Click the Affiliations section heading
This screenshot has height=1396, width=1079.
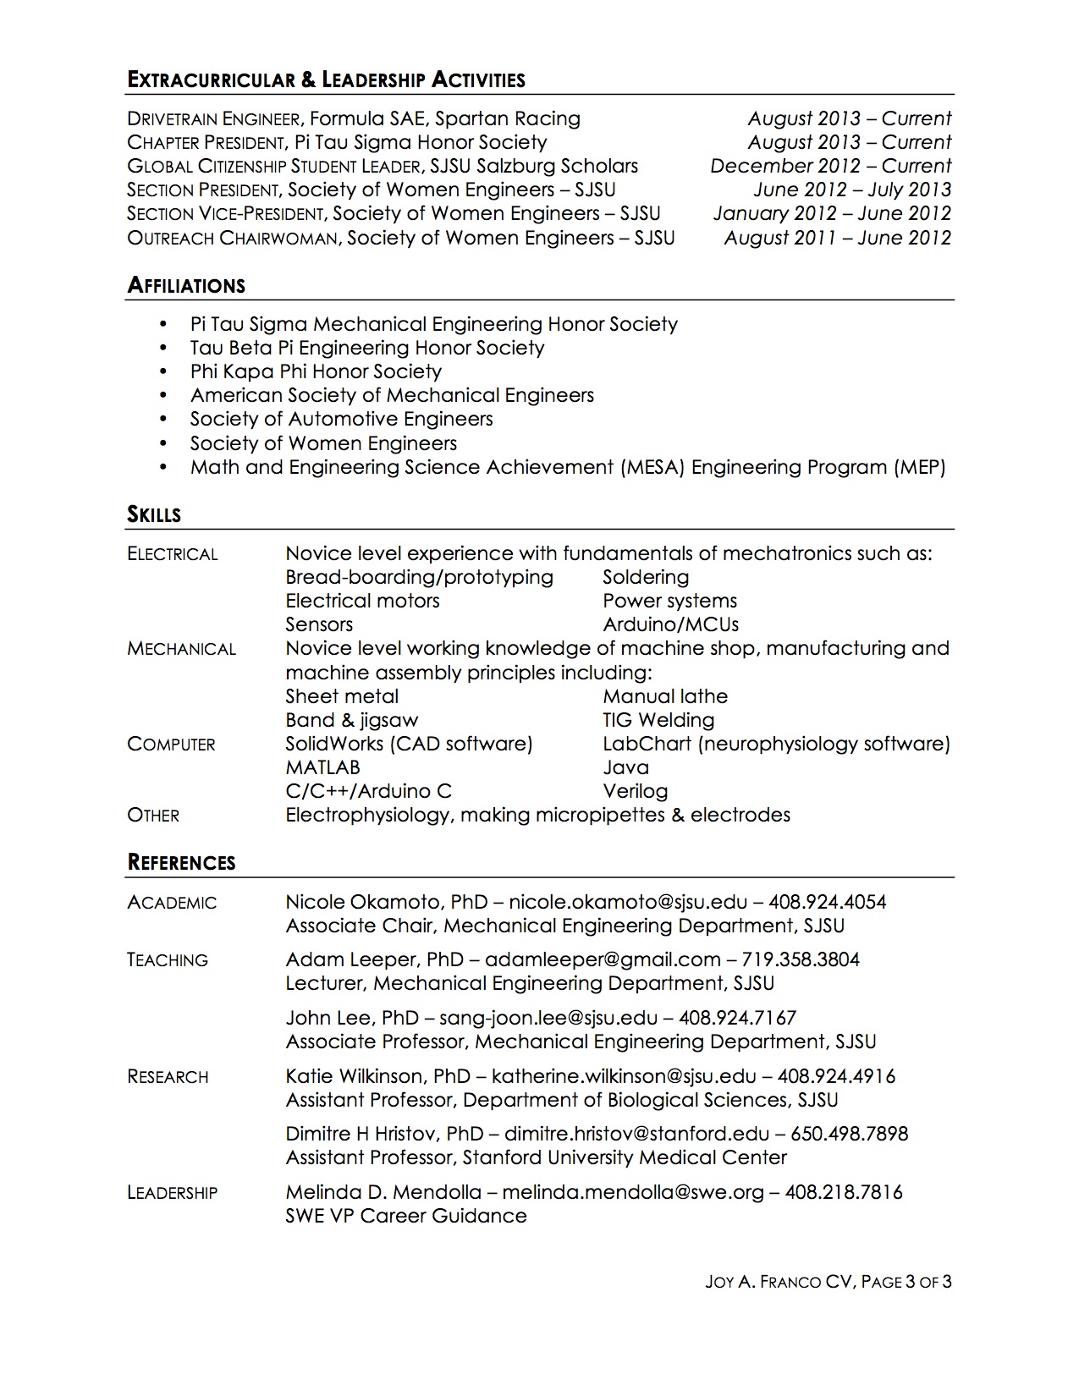click(186, 286)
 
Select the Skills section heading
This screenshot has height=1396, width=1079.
click(154, 514)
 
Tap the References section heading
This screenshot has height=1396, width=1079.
click(181, 863)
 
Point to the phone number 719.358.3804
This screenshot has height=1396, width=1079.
click(801, 959)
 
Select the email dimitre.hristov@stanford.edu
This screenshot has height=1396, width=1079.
click(636, 1134)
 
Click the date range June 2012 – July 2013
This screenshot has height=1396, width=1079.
click(852, 190)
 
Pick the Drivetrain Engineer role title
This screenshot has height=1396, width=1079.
click(213, 119)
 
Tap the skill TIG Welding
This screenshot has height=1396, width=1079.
click(658, 720)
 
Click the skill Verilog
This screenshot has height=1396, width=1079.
click(635, 791)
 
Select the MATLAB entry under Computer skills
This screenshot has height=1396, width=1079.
click(322, 767)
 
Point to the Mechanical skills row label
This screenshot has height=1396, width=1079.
click(181, 650)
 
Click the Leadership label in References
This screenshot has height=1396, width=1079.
click(173, 1193)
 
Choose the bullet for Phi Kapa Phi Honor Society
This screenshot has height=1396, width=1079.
click(162, 372)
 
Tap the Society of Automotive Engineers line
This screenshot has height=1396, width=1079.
click(341, 419)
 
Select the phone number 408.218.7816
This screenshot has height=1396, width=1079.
click(844, 1192)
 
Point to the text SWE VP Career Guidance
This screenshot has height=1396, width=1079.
click(406, 1216)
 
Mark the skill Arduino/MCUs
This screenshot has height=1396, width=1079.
click(670, 624)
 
